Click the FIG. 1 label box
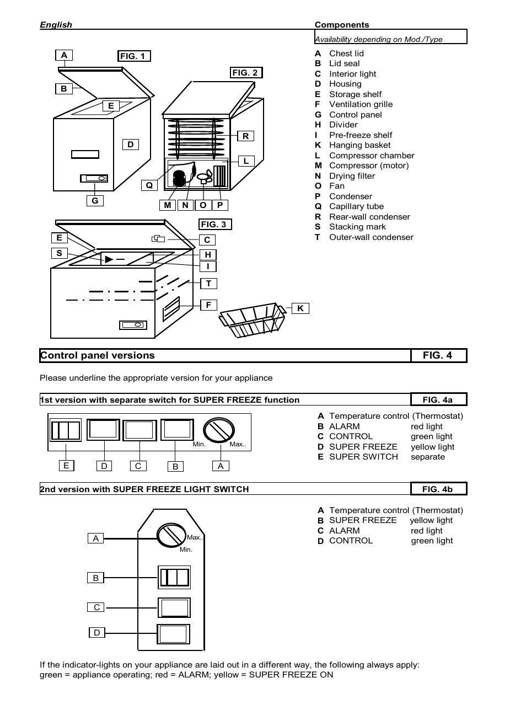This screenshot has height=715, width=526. point(134,56)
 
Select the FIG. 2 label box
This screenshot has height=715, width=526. point(245,72)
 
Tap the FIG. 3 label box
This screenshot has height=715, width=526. point(214,224)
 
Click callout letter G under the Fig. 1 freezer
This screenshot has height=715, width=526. point(95,201)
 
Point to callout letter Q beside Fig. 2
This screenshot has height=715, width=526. point(149,185)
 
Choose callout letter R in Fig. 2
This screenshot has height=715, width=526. point(245,136)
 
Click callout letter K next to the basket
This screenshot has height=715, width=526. point(300,308)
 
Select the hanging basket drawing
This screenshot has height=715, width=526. point(252,321)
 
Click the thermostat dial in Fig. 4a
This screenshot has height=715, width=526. point(219,430)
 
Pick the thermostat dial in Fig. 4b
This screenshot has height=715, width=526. point(171,535)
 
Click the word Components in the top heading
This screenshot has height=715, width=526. point(342,24)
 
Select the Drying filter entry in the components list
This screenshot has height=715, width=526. point(352,176)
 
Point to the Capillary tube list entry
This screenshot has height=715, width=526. point(356,206)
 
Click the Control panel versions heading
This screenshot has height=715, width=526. point(98,355)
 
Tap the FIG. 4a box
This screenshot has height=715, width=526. point(438,399)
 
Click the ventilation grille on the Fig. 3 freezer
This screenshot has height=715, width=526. point(171,309)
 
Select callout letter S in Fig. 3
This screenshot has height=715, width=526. point(60,253)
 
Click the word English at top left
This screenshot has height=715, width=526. point(56,24)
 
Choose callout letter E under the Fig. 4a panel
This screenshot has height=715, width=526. point(66,466)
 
